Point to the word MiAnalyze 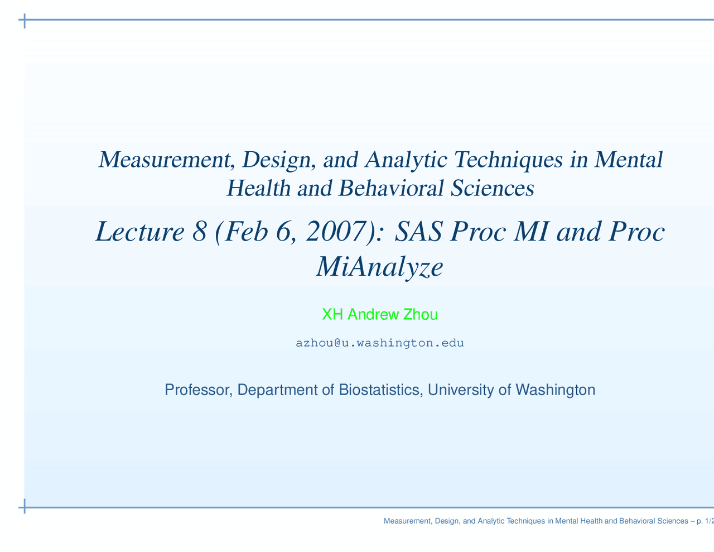(379, 267)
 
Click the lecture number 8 (199, 232)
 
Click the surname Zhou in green (420, 315)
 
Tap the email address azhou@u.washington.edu (379, 343)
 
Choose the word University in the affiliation (460, 390)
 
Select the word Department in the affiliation (278, 390)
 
